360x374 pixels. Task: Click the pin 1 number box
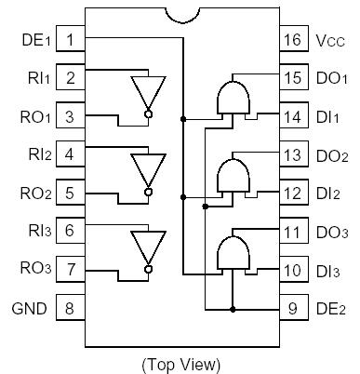(x=70, y=40)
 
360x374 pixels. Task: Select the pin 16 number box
(x=290, y=40)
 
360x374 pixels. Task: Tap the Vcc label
(x=328, y=41)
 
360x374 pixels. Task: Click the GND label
(x=28, y=307)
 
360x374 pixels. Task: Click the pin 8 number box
(x=70, y=307)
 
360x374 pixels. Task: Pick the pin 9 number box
(x=290, y=307)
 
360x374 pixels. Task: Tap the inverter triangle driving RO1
(x=146, y=95)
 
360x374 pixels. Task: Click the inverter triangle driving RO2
(x=146, y=171)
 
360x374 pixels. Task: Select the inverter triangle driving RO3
(x=146, y=247)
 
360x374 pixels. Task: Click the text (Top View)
(x=180, y=362)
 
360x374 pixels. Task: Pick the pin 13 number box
(x=290, y=154)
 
